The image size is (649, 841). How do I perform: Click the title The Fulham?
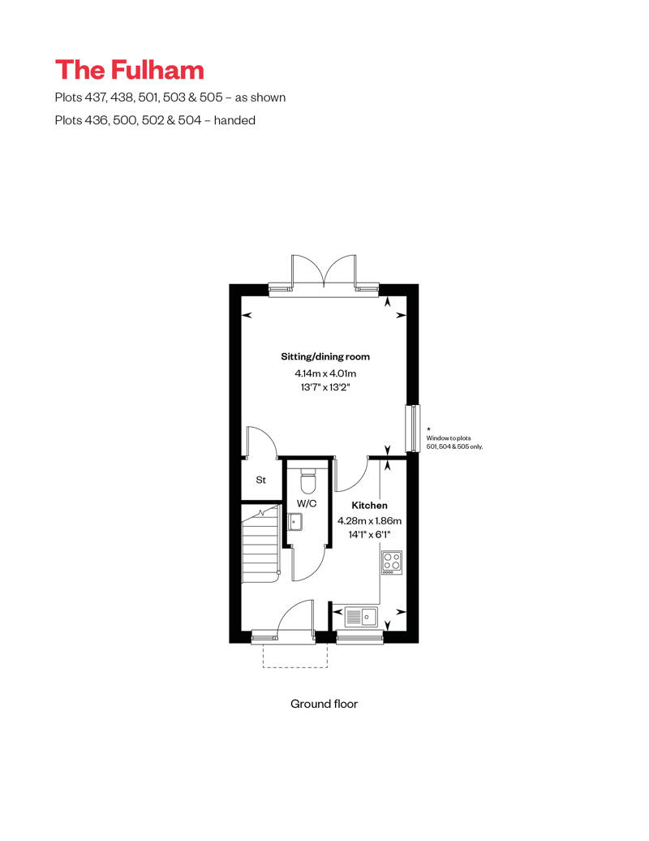[129, 71]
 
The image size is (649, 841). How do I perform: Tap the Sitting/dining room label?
[325, 356]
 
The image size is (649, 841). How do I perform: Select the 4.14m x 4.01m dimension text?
[325, 373]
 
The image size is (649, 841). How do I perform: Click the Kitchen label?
[369, 505]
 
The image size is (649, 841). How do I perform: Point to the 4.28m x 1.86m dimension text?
[369, 520]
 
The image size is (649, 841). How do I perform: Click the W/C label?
[307, 503]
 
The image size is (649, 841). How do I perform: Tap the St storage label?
[261, 480]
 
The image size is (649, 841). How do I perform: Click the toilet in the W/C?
[308, 481]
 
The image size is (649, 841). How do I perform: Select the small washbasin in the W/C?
[294, 521]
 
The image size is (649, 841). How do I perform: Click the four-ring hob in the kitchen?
[392, 563]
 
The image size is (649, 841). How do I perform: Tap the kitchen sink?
[361, 617]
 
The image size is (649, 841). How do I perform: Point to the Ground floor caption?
[324, 704]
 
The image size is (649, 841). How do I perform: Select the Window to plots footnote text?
[454, 442]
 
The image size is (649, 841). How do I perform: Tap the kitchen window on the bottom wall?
[359, 636]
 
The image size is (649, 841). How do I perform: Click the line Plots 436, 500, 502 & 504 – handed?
[155, 120]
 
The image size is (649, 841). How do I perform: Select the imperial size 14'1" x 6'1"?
[369, 535]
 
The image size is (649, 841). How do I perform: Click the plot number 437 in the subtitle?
[95, 97]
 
